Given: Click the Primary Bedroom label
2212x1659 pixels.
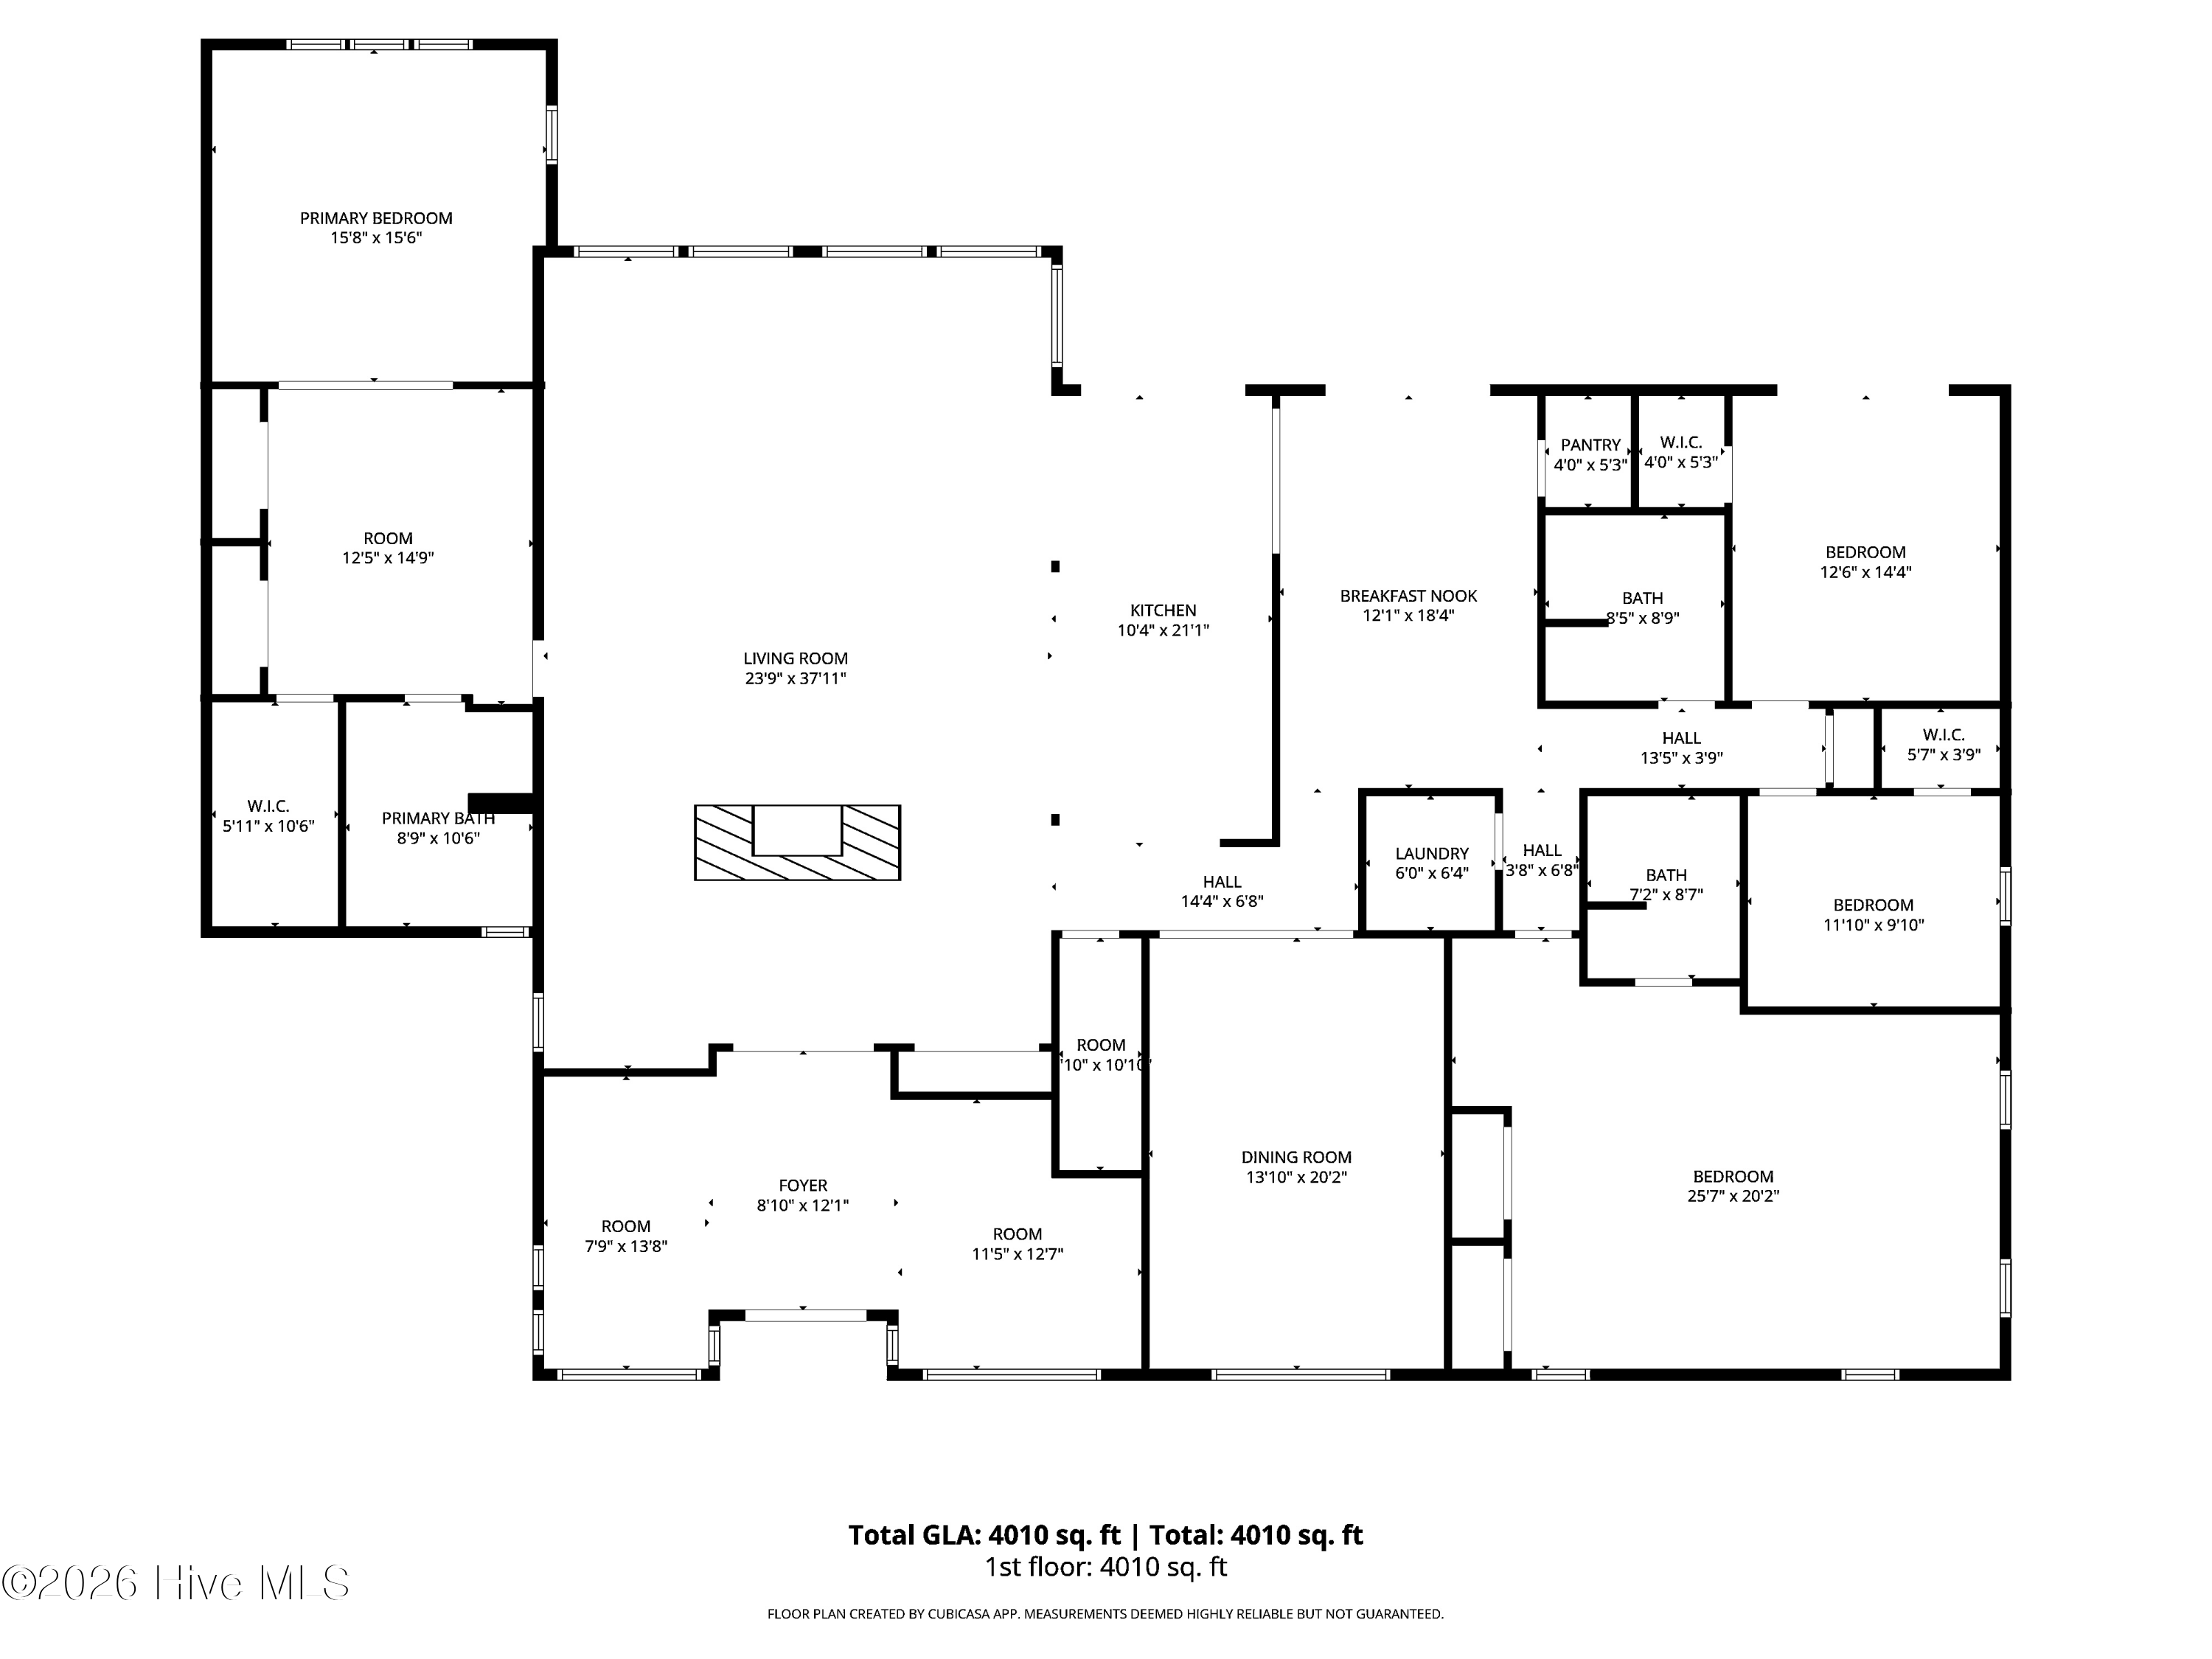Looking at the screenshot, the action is coord(376,218).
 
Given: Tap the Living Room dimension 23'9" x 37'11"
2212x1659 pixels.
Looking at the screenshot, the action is coord(796,679).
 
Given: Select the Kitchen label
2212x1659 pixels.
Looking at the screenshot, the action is coord(1163,610).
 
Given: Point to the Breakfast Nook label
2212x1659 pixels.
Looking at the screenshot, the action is coord(1408,596).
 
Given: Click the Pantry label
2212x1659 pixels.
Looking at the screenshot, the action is coord(1590,445).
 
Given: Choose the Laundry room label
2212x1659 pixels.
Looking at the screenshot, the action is coord(1432,854).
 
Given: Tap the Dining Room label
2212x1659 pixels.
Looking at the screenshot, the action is coord(1296,1157).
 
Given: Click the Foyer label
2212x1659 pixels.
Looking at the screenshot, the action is coord(803,1186).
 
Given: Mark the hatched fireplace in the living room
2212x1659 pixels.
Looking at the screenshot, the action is coord(797,843).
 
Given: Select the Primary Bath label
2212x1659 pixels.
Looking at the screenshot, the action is coord(438,818).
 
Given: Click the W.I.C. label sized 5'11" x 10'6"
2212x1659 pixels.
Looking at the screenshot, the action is coord(268,806).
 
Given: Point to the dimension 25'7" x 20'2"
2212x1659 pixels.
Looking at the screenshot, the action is coord(1733,1196).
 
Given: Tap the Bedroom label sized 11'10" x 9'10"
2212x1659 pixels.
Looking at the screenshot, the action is coord(1873,905).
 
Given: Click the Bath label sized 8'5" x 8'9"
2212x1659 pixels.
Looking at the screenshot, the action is coord(1642,598).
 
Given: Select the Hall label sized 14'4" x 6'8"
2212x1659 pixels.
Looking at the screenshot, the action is coord(1222,882).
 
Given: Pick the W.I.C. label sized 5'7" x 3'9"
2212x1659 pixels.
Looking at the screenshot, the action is coord(1943,735).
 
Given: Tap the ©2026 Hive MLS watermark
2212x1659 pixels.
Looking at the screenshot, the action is coord(176,1582).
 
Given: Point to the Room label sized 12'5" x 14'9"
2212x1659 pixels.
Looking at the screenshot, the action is coord(388,538).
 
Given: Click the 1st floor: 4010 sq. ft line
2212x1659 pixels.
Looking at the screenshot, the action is coord(1106,1567).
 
